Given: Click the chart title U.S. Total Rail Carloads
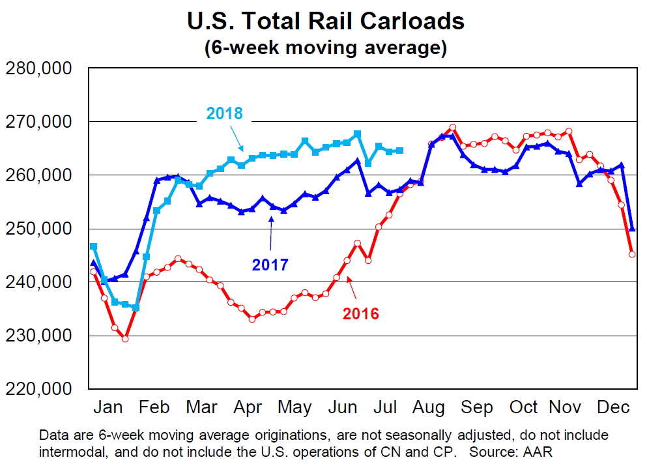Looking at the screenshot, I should (325, 22).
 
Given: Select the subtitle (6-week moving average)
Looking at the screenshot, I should (325, 48).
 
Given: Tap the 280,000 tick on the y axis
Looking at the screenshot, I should (38, 69).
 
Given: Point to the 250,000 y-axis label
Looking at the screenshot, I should (38, 229).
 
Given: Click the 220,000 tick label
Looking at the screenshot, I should (38, 389).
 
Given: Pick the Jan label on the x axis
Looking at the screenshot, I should (108, 408).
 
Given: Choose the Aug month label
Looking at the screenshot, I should (430, 408).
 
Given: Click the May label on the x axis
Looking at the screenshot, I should (295, 408).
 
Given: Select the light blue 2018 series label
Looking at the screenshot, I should (224, 114).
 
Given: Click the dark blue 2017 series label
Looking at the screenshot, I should (270, 265).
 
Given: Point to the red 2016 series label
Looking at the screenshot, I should (360, 313).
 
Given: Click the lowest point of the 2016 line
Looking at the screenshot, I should (125, 339).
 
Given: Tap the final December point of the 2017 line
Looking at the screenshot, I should (632, 229).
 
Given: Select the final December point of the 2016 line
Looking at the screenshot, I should (632, 254).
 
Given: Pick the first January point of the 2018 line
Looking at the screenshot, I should (94, 246).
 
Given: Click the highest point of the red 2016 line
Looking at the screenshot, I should (453, 127).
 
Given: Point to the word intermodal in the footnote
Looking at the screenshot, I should (70, 450).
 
